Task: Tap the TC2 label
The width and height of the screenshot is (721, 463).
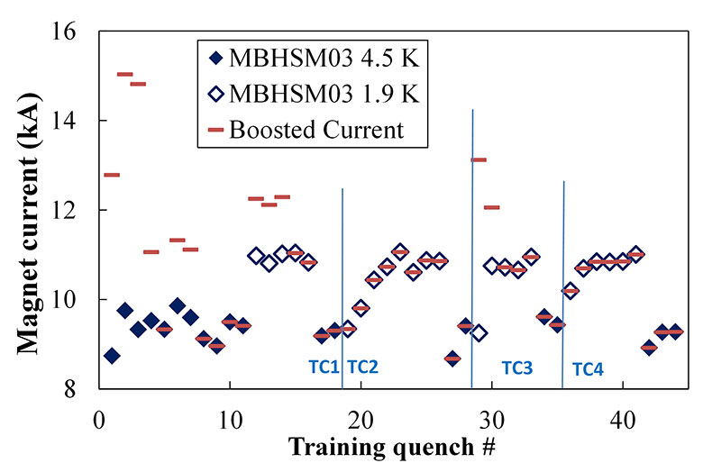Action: click(362, 367)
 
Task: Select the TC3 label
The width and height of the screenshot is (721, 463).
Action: click(516, 368)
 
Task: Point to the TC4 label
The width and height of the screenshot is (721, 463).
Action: click(588, 368)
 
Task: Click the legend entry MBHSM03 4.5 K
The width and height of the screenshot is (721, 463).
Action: click(312, 60)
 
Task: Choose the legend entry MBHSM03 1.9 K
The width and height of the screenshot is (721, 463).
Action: click(312, 94)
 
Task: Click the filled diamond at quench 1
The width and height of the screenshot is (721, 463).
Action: click(112, 356)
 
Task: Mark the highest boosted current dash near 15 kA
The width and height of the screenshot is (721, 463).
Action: click(124, 74)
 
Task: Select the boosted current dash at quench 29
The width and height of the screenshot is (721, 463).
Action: click(479, 159)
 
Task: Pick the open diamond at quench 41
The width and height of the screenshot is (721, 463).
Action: click(635, 254)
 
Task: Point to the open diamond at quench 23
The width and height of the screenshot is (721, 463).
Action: click(400, 251)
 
